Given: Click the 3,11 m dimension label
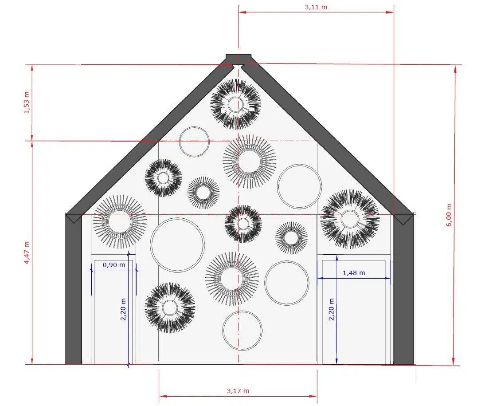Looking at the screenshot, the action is [x=316, y=7].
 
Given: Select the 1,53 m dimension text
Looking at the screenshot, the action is [x=27, y=102].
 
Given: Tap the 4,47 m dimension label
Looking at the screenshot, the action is [x=27, y=252].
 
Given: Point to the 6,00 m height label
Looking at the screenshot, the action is [x=449, y=215].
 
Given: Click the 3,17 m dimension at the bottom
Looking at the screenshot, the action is [x=238, y=391].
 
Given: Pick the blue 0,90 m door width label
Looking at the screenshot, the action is [x=114, y=265].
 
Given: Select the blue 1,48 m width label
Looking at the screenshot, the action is [x=354, y=273].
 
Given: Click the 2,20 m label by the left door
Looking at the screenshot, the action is [x=123, y=309].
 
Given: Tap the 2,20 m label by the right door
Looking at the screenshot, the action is [x=331, y=309].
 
